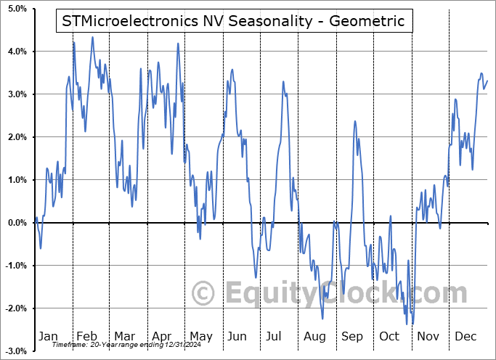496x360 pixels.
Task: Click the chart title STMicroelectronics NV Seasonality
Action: point(234,21)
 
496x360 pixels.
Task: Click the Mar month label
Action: point(124,336)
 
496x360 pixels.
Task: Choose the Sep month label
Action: point(352,336)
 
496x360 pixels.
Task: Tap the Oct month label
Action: point(389,336)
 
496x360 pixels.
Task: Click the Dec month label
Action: point(466,336)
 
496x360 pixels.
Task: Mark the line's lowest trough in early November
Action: point(412,324)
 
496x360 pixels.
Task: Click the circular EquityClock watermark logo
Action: point(204,293)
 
